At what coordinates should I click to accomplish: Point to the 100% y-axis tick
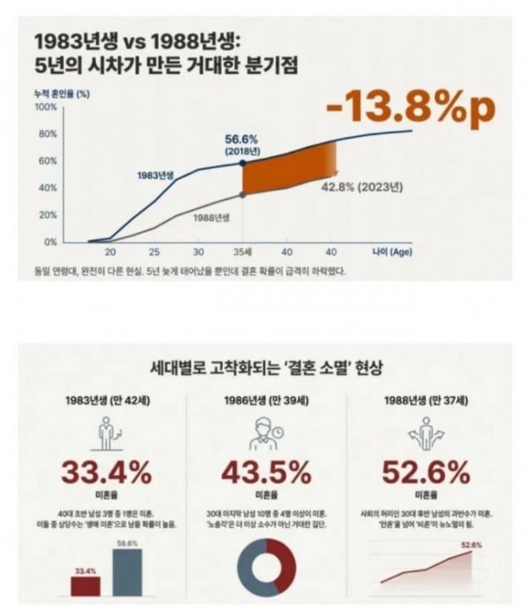(x=45, y=107)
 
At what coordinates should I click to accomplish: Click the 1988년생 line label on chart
(x=211, y=217)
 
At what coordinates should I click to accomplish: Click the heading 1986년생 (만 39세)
(x=264, y=398)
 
